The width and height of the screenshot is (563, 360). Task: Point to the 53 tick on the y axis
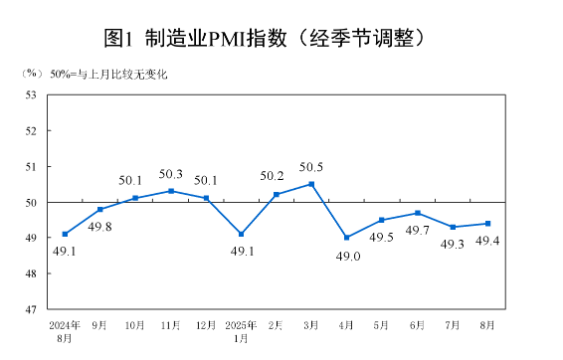click(31, 95)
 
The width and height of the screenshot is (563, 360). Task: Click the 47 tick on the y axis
click(31, 309)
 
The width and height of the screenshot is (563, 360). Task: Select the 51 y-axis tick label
click(31, 167)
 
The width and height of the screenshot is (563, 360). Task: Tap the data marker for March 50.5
click(311, 184)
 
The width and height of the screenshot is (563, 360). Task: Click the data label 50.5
click(312, 167)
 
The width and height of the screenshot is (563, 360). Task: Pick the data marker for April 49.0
click(346, 238)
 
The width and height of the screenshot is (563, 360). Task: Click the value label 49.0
click(346, 256)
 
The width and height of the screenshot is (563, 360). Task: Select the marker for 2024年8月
click(65, 234)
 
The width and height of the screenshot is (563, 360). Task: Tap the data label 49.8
click(99, 227)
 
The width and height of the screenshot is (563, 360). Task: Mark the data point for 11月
click(171, 191)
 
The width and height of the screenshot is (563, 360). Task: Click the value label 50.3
click(171, 174)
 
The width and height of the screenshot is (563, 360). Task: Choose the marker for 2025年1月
click(241, 234)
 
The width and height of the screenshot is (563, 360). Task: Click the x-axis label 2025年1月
click(241, 331)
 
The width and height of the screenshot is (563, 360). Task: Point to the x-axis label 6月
click(418, 325)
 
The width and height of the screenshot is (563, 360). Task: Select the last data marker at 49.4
click(487, 223)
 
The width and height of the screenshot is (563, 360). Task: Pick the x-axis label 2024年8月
click(65, 331)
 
